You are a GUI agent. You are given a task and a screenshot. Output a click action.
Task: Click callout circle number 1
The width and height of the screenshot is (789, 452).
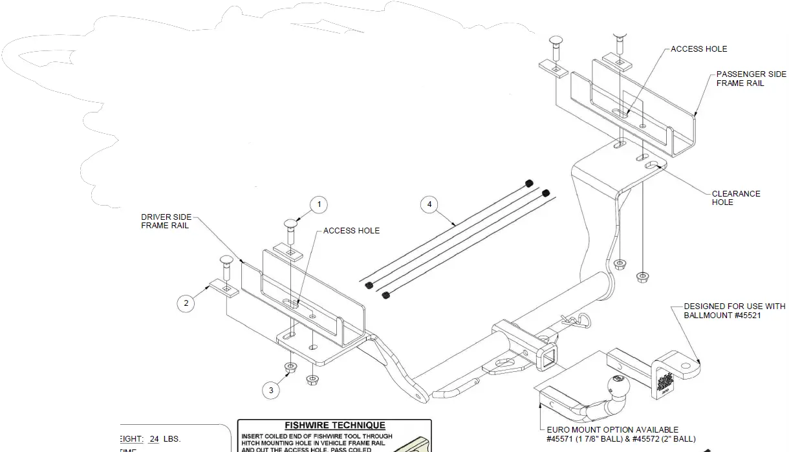point(318,205)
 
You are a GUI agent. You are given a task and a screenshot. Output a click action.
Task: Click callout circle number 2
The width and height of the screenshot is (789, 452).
point(186,303)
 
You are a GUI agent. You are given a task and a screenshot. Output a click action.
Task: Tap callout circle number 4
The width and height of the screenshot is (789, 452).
point(427,205)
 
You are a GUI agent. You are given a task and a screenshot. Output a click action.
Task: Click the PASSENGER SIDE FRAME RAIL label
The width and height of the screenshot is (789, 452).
point(751,79)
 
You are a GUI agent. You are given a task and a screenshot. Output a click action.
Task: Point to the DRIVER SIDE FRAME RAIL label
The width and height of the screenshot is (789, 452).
point(166,221)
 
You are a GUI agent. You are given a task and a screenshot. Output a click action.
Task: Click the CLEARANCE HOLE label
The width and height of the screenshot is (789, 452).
point(735,198)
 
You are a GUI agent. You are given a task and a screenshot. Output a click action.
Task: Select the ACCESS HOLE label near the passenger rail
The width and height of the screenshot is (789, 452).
point(698,49)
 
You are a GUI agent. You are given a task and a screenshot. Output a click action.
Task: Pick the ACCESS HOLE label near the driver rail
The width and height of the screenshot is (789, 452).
point(351,231)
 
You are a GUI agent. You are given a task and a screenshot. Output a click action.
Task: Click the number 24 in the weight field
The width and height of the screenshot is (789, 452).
point(154,438)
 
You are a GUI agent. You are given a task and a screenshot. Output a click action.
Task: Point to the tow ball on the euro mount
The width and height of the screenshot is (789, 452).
point(617,387)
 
